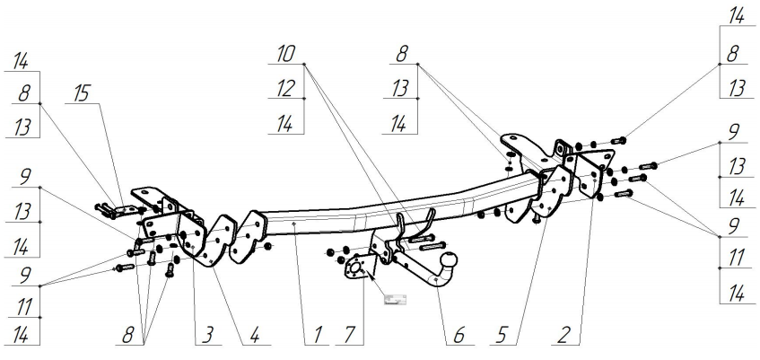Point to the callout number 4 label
point(255,337)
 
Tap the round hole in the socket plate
point(356,267)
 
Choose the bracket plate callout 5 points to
point(555,189)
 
